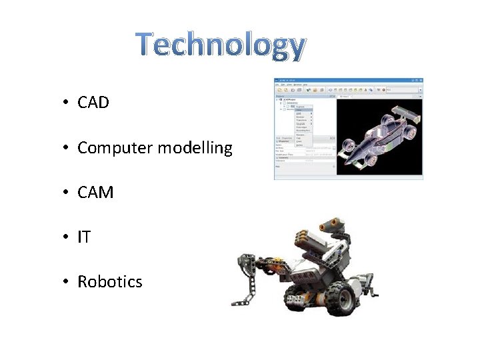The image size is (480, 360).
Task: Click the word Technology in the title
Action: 221,45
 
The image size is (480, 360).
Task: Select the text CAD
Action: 93,103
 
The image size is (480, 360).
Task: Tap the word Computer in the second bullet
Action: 115,148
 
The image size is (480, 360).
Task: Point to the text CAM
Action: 95,193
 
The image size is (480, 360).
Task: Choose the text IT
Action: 84,237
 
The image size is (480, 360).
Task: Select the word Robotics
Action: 110,282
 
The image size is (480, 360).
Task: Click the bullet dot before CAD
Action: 66,103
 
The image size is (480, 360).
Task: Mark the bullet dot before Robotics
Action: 66,282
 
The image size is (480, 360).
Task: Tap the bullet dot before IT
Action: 66,237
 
